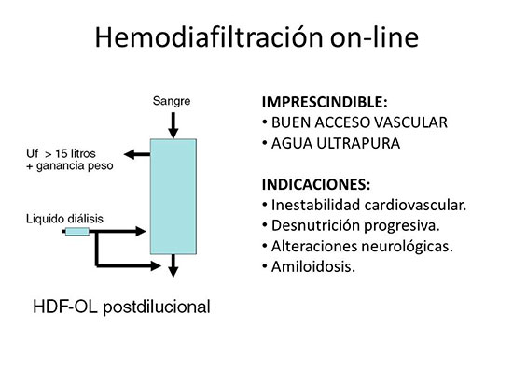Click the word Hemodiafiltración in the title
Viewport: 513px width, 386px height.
(209, 36)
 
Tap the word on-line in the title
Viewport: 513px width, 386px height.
(374, 36)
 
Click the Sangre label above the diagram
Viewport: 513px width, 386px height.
(172, 101)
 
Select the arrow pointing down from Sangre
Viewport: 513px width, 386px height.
(173, 125)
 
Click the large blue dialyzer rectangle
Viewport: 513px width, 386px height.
(173, 196)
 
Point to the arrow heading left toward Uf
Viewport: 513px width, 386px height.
(137, 154)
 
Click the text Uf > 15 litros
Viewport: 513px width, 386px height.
(61, 153)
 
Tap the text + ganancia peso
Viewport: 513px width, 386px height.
(70, 166)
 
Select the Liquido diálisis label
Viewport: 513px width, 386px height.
(64, 219)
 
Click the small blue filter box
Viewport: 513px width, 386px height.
(77, 232)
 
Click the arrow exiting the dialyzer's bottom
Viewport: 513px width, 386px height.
(173, 265)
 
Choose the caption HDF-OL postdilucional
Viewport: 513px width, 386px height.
(121, 307)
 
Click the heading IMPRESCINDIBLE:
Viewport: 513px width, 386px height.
(325, 102)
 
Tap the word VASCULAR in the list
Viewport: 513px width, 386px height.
(410, 122)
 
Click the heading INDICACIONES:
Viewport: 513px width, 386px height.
(316, 185)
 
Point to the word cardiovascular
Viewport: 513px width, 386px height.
(415, 206)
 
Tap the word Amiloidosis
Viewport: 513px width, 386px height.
(313, 266)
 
